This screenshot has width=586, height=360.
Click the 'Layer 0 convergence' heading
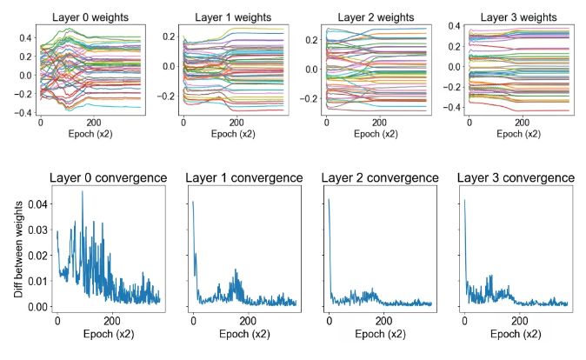point(107,178)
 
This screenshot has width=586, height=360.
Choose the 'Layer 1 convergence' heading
point(243,178)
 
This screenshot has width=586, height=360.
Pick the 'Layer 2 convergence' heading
point(379,178)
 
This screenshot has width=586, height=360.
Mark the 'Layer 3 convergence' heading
point(516,178)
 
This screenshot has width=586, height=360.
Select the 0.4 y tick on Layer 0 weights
point(23,37)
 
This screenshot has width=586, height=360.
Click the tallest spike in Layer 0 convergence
point(83,192)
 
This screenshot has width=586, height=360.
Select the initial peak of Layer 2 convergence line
point(329,200)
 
